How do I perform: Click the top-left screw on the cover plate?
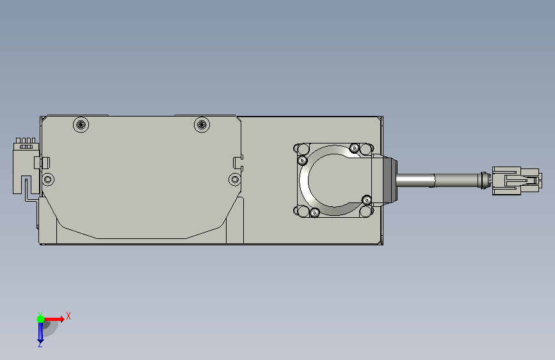[x=81, y=125]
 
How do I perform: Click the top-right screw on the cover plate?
[x=202, y=124]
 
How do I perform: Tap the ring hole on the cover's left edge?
[x=48, y=179]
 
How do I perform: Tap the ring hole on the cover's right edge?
[x=234, y=179]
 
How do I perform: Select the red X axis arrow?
[x=53, y=319]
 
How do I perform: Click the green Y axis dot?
[x=41, y=319]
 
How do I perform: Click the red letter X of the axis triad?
[x=68, y=316]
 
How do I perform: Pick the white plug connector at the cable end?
[x=516, y=181]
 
